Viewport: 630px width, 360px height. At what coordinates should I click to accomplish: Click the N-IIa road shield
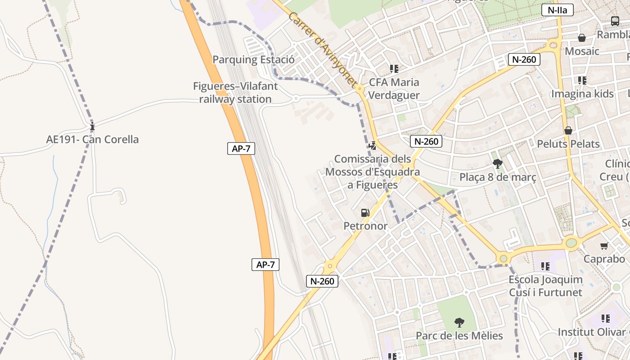click(558, 10)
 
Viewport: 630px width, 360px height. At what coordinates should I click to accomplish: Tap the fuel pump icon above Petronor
click(365, 212)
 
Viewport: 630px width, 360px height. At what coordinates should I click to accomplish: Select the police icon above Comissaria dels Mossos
click(372, 145)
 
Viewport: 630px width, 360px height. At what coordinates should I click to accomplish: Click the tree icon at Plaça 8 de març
click(497, 164)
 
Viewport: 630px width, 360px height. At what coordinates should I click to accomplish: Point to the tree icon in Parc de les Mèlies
click(459, 322)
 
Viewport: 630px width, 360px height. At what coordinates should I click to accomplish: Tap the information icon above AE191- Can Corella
click(92, 126)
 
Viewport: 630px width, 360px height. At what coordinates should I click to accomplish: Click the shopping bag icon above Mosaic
click(582, 38)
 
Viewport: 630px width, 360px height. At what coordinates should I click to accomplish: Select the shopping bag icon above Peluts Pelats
click(568, 130)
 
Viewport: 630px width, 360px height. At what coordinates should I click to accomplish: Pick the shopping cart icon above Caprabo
click(604, 246)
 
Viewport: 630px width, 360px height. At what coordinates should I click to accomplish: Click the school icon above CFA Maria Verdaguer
click(394, 69)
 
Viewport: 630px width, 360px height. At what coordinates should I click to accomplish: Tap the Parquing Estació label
click(253, 60)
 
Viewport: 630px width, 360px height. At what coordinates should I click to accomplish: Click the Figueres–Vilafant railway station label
click(235, 93)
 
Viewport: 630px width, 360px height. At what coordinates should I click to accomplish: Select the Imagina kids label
click(582, 94)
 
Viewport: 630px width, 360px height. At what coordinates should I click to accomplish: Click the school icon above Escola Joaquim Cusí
click(545, 266)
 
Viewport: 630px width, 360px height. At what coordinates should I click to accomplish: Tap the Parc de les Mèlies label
click(459, 336)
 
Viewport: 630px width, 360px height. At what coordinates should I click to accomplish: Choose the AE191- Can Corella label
click(92, 139)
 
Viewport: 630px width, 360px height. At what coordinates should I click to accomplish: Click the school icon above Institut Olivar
click(606, 319)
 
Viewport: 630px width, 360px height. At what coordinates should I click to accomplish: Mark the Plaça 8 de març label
click(498, 177)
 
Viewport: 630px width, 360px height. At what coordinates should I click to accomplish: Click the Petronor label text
click(365, 226)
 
